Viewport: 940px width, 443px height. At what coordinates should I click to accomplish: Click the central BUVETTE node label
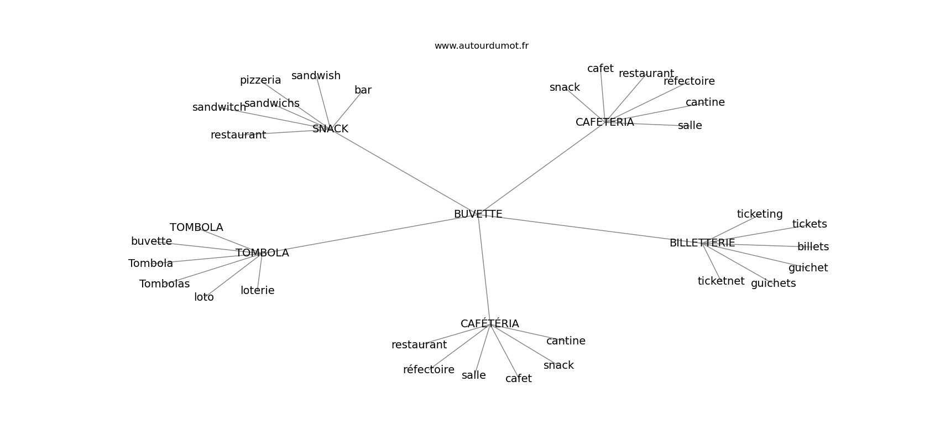coord(478,214)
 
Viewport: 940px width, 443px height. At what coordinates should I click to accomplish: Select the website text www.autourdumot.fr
coord(481,46)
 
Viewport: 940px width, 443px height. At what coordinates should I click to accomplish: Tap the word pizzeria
coord(260,80)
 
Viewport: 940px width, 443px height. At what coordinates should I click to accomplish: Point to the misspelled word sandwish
coord(316,76)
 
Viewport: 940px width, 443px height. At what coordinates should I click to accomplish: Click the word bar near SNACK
coord(363,90)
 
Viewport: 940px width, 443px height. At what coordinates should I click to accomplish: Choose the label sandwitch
coord(219,107)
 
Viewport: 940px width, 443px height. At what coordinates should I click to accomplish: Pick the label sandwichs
coord(272,104)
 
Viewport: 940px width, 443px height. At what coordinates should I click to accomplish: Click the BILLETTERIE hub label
coord(702,243)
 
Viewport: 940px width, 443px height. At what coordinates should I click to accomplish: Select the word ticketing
coord(760,214)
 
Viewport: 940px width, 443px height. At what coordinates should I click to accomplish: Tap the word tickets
coord(810,224)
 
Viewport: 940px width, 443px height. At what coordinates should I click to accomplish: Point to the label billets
coord(813,247)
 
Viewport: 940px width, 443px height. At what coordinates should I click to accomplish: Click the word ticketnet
coord(720,281)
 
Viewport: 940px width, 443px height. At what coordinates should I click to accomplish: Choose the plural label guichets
coord(773,284)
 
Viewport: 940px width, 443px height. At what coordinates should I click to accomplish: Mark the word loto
coord(203,297)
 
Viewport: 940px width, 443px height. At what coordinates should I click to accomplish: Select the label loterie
coord(257,291)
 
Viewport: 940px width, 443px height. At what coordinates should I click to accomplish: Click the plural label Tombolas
coord(164,284)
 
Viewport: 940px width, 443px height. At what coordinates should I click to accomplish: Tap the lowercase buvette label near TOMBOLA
coord(151,241)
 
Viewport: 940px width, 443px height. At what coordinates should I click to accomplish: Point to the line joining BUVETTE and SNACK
coord(404,172)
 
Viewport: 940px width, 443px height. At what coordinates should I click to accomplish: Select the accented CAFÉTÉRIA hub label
coord(489,324)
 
